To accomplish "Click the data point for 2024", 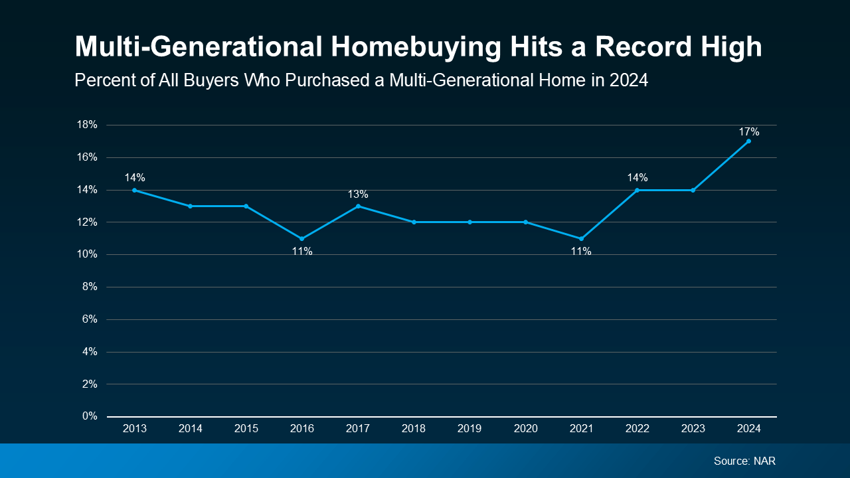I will pyautogui.click(x=748, y=141).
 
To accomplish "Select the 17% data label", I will pyautogui.click(x=749, y=131).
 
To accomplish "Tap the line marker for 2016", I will pyautogui.click(x=302, y=238).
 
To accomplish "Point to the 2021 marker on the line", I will pyautogui.click(x=581, y=238).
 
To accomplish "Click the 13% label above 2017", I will pyautogui.click(x=358, y=194).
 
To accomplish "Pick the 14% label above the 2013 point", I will pyautogui.click(x=135, y=177).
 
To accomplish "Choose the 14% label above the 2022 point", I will pyautogui.click(x=637, y=177).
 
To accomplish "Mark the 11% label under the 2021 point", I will pyautogui.click(x=581, y=252).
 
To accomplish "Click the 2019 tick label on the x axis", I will pyautogui.click(x=469, y=430).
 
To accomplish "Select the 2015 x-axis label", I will pyautogui.click(x=246, y=430).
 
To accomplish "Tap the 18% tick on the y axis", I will pyautogui.click(x=88, y=125).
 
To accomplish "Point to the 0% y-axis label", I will pyautogui.click(x=90, y=416).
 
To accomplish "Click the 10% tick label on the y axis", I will pyautogui.click(x=88, y=254).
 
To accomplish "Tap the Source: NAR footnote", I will pyautogui.click(x=744, y=461).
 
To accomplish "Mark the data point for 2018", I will pyautogui.click(x=414, y=222).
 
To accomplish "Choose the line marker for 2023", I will pyautogui.click(x=693, y=190).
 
